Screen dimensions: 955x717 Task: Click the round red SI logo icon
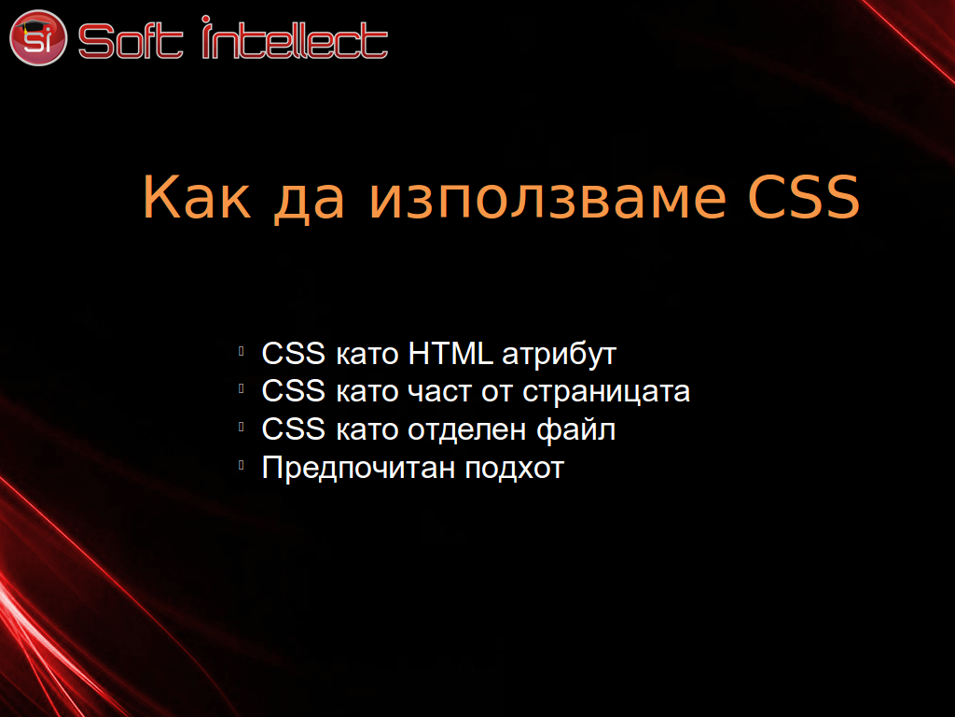point(37,37)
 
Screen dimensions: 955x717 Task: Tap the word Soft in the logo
point(131,41)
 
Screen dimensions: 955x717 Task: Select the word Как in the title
point(196,197)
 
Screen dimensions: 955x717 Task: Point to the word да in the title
point(310,202)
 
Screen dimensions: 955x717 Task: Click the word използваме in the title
point(547,202)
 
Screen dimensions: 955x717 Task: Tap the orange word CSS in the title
point(803,196)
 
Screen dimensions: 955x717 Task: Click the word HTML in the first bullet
point(450,353)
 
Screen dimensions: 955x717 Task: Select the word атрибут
point(560,355)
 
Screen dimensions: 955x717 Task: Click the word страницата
point(606,393)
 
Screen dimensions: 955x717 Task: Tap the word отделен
point(466,430)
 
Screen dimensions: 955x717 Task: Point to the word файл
point(575,429)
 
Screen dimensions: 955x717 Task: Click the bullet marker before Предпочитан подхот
point(242,466)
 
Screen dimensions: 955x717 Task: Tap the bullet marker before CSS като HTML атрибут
point(242,351)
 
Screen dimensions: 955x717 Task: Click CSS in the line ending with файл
point(293,429)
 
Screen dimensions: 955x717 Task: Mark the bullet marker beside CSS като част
point(242,389)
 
